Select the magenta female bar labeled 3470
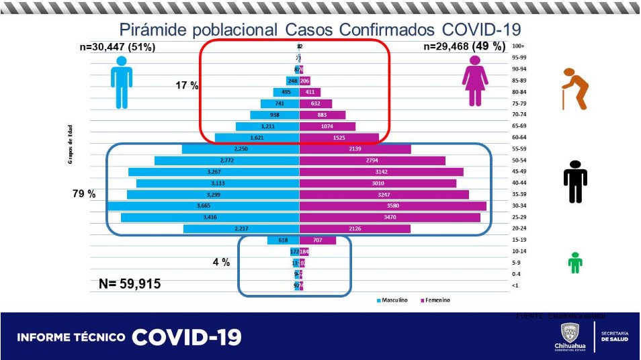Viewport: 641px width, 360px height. point(390,218)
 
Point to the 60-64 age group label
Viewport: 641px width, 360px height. point(519,137)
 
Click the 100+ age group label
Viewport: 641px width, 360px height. point(518,46)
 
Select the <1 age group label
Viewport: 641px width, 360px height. point(515,286)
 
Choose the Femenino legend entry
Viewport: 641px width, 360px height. point(434,300)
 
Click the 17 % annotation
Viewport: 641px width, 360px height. point(187,86)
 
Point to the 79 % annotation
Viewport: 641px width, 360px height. point(84,193)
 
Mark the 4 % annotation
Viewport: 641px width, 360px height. point(221,263)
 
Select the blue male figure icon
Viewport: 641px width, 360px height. point(121,82)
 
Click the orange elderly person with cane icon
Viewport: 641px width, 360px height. point(574,89)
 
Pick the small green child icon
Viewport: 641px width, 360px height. point(574,263)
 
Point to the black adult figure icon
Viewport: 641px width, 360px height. point(575,182)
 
